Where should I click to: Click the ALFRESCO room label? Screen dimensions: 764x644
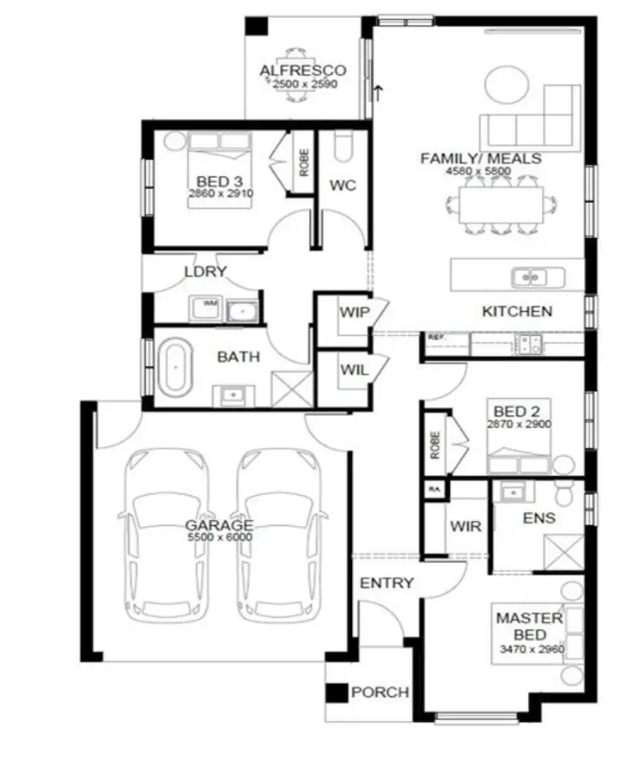(303, 70)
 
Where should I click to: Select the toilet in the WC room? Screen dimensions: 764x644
(343, 148)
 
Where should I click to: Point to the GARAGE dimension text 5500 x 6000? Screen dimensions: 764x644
(220, 537)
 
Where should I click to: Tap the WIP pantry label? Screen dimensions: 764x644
(354, 313)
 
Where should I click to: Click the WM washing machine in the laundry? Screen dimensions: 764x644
(208, 306)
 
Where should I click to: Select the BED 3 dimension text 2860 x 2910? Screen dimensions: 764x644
(218, 195)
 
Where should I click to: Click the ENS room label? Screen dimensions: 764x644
(538, 518)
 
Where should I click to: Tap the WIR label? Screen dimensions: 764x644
(465, 526)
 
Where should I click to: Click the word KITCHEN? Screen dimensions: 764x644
(516, 311)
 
